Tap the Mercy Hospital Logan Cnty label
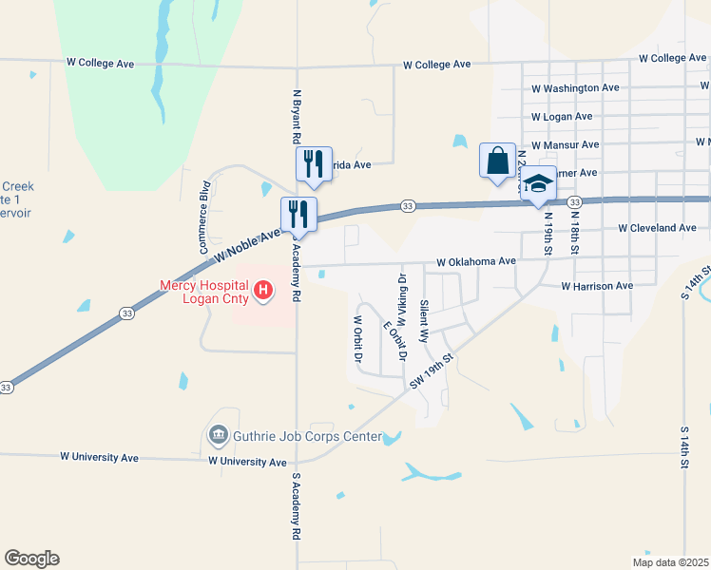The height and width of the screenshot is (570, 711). click(203, 292)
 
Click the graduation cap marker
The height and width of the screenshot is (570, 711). click(538, 185)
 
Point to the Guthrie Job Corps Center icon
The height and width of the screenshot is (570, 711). click(218, 436)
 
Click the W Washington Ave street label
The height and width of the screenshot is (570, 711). click(575, 87)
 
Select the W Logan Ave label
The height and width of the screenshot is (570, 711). click(562, 116)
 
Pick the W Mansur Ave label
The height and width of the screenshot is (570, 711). click(565, 144)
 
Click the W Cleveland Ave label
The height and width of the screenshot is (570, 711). click(657, 228)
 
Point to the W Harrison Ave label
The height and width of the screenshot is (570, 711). click(597, 285)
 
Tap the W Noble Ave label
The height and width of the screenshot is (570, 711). click(246, 246)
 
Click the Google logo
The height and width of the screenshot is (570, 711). click(31, 559)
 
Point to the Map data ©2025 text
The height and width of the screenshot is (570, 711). click(669, 562)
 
